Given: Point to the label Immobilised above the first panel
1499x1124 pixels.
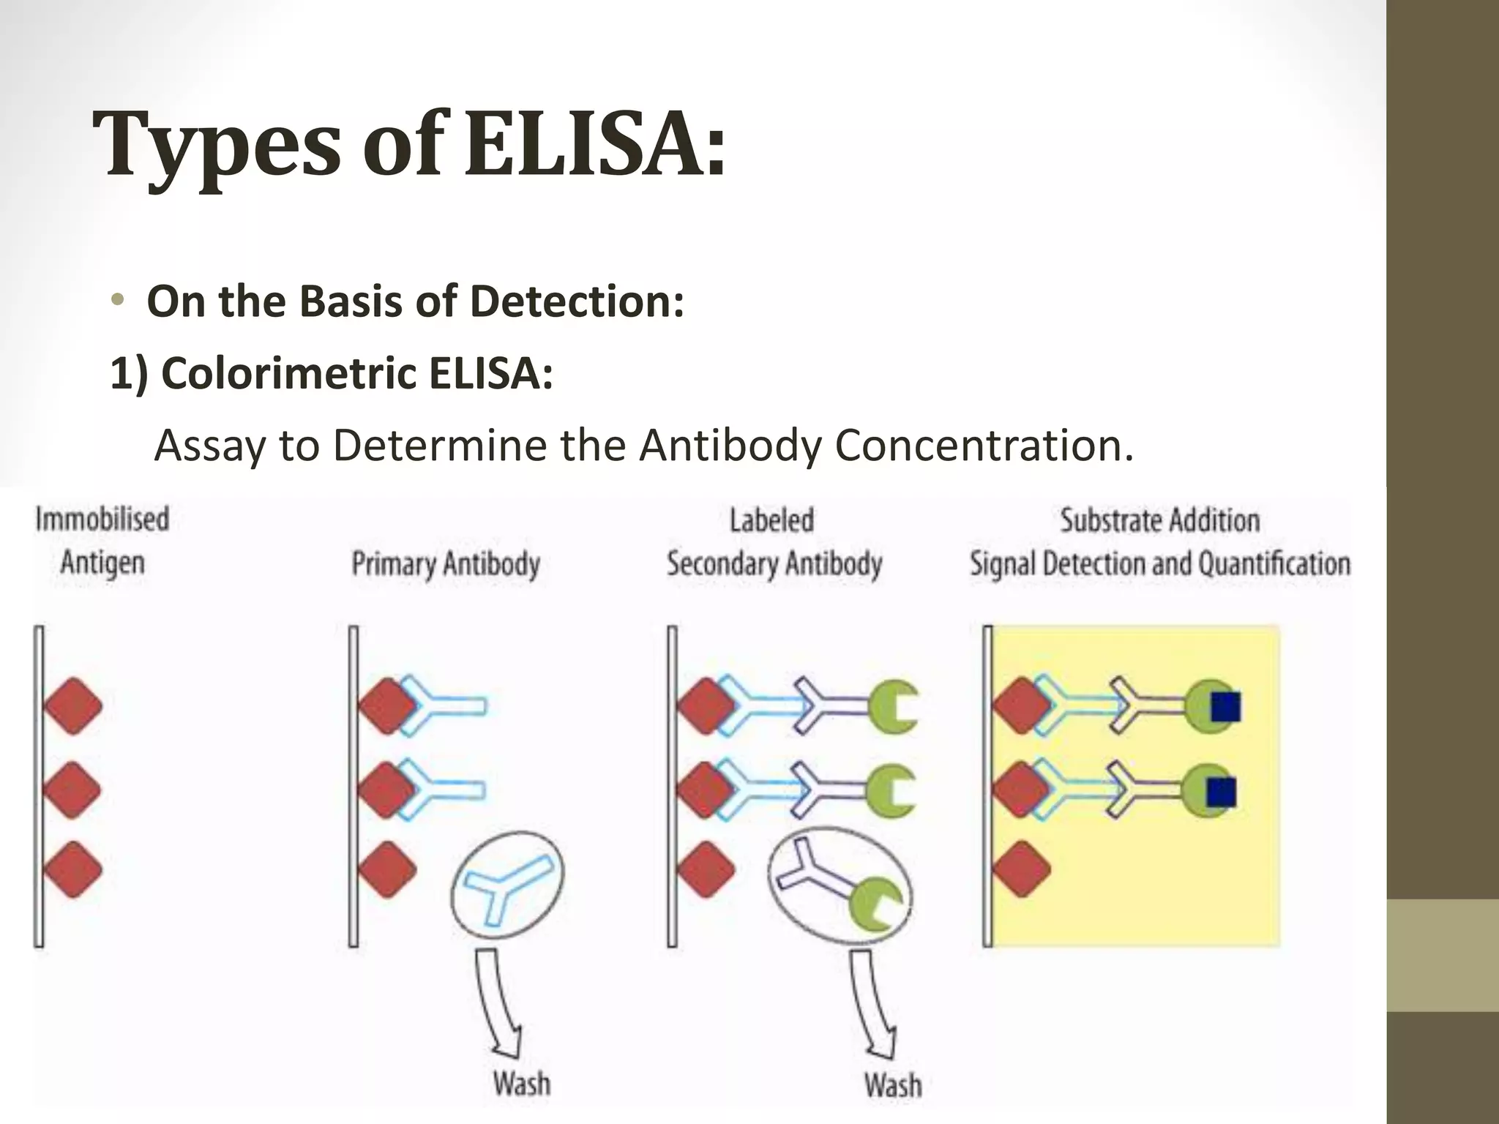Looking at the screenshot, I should pyautogui.click(x=102, y=519).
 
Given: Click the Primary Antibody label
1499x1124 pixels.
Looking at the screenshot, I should pyautogui.click(x=446, y=564).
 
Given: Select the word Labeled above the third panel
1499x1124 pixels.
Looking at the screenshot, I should pyautogui.click(x=771, y=520).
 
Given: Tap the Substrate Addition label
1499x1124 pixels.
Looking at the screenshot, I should pyautogui.click(x=1160, y=520).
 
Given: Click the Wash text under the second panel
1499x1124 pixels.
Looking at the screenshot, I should pyautogui.click(x=521, y=1083).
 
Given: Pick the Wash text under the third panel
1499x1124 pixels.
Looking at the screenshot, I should pyautogui.click(x=892, y=1084).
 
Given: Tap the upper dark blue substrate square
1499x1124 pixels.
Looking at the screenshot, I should pyautogui.click(x=1225, y=707).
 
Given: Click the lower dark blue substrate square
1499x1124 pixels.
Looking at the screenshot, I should pyautogui.click(x=1221, y=792).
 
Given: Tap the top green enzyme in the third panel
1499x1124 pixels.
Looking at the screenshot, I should pyautogui.click(x=893, y=707).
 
